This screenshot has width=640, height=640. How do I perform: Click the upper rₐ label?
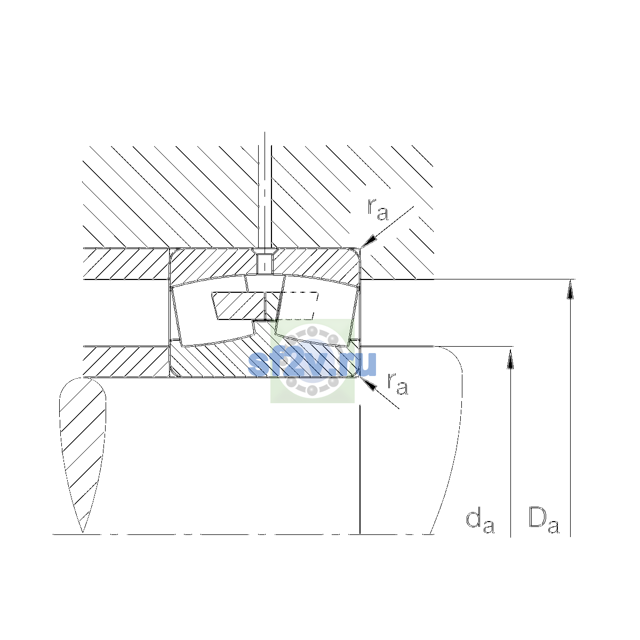[x=378, y=210]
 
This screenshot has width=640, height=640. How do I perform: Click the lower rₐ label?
[x=397, y=383]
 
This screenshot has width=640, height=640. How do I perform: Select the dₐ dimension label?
[x=480, y=522]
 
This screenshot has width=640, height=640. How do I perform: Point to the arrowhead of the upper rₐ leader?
[x=369, y=241]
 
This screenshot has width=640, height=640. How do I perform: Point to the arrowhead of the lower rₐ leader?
[x=369, y=384]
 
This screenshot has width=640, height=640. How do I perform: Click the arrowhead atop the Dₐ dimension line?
[x=570, y=289]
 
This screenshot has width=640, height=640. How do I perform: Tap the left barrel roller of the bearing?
[x=213, y=311]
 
